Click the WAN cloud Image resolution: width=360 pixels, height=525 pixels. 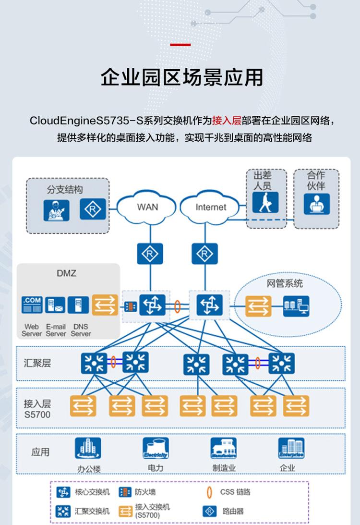point(147,207)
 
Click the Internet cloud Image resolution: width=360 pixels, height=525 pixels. point(210,207)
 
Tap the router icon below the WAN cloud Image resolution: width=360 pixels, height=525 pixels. point(147,253)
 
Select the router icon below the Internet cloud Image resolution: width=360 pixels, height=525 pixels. point(202,253)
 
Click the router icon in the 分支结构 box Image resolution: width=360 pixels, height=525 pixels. point(92,210)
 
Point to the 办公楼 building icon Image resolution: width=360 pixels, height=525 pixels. point(88,448)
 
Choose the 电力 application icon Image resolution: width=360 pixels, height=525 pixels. point(156,448)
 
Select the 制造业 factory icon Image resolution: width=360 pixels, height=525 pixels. point(224,448)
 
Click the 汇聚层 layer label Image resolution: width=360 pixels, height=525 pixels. point(37,363)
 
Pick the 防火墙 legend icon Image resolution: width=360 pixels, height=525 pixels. point(125,492)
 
